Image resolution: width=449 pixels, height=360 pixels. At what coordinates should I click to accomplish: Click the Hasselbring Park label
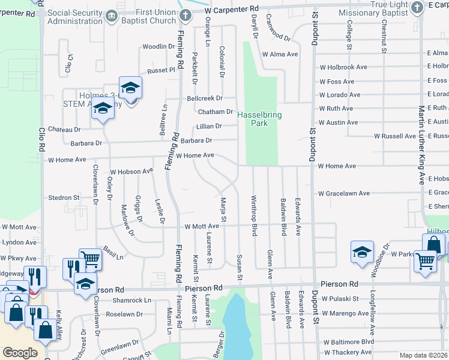pyautogui.click(x=259, y=118)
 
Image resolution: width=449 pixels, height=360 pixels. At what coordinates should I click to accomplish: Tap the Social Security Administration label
pyautogui.click(x=75, y=17)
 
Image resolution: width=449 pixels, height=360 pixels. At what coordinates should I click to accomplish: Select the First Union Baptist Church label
pyautogui.click(x=148, y=17)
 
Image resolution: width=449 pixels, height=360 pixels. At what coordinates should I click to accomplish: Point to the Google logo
pyautogui.click(x=20, y=352)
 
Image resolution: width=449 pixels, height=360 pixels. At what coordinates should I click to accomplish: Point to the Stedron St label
pyautogui.click(x=64, y=197)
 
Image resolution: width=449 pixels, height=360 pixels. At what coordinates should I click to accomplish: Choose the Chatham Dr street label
pyautogui.click(x=215, y=112)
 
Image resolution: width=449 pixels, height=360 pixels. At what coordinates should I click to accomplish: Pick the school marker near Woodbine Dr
pyautogui.click(x=363, y=252)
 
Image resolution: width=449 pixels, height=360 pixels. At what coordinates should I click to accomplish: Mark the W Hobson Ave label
pyautogui.click(x=131, y=172)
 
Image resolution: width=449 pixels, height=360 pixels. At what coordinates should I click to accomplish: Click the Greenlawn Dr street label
pyautogui.click(x=119, y=345)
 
